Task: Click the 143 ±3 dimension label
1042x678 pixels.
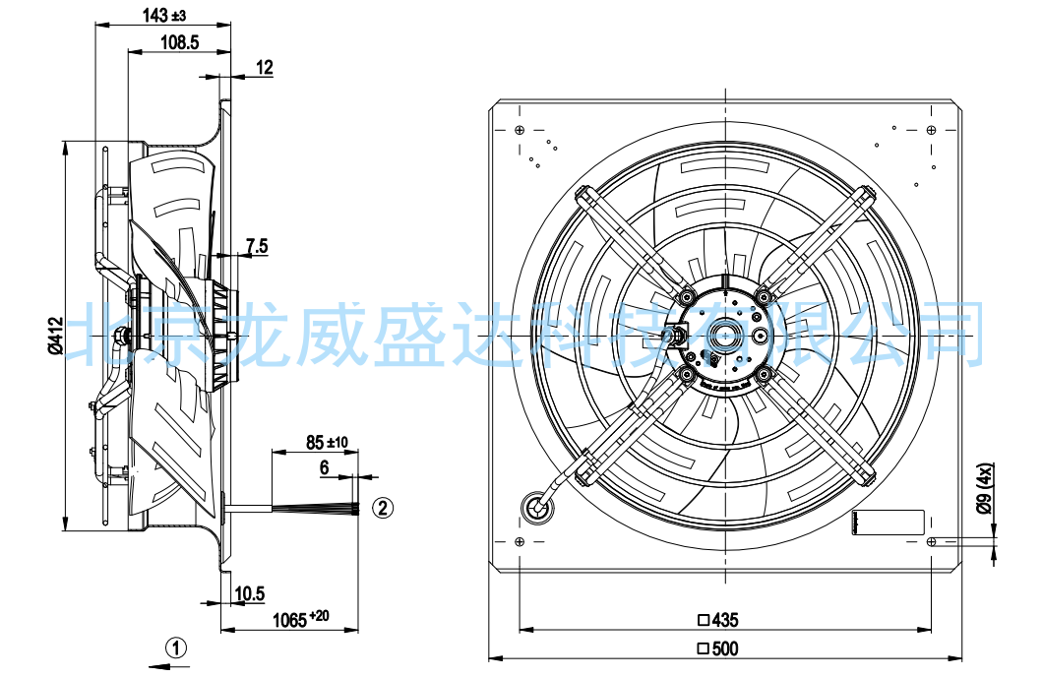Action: (164, 15)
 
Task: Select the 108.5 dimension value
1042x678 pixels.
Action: (180, 42)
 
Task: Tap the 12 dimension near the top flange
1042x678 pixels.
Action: (264, 67)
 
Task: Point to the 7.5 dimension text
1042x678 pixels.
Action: (257, 247)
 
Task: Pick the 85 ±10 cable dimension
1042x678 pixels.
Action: (327, 442)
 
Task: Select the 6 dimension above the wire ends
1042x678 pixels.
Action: (325, 467)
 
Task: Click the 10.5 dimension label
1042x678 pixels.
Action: (250, 593)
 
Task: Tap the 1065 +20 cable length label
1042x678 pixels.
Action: (301, 619)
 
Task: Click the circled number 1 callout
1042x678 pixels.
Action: (176, 647)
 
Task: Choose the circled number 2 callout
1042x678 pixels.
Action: (383, 508)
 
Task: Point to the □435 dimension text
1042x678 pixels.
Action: (717, 620)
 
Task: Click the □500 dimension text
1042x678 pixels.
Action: (717, 648)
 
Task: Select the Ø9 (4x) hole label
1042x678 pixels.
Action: (986, 488)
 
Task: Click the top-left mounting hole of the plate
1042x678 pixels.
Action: (520, 129)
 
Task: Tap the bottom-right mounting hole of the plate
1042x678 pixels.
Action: (932, 542)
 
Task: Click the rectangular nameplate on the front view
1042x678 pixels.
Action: (889, 522)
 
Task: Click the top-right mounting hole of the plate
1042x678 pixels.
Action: (932, 129)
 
